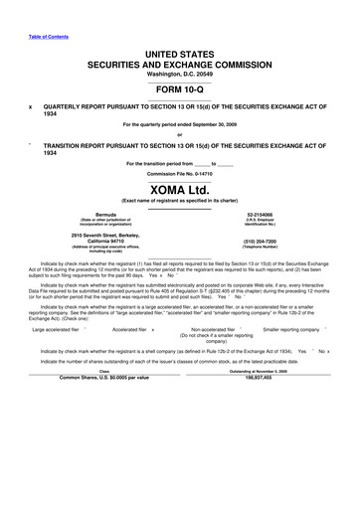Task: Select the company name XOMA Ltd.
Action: point(180,188)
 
